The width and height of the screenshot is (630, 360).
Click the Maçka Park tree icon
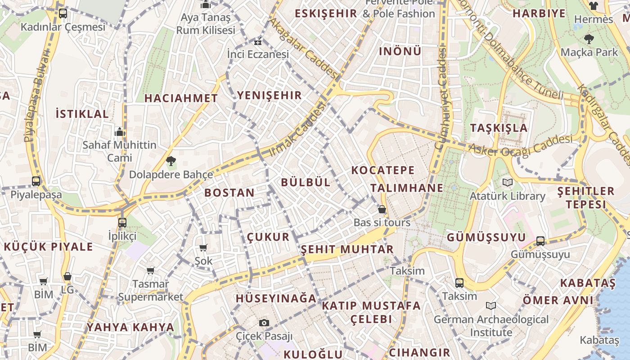point(589,39)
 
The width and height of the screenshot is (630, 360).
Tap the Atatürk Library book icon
point(508,183)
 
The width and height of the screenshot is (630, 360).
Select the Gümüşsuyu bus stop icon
point(540,241)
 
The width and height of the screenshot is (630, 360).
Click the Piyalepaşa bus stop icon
point(36,181)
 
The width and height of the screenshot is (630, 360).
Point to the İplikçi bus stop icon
point(122,222)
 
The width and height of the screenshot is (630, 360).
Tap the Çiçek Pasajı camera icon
point(264,323)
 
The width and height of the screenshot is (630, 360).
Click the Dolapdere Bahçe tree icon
point(171,161)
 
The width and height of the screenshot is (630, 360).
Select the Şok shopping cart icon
point(203,247)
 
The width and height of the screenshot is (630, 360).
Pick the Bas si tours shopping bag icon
point(382,209)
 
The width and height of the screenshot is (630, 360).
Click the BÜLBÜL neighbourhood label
point(306,182)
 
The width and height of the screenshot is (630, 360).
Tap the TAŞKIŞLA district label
point(499,128)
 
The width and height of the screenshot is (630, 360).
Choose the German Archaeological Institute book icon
point(491,306)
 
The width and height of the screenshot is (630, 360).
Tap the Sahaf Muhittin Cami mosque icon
point(120,132)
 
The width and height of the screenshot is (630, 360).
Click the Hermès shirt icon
point(593,6)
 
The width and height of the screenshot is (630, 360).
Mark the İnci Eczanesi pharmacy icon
point(257,42)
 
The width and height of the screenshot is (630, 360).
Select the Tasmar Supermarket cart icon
point(150,270)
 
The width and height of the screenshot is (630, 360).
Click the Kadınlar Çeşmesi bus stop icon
point(63,13)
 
